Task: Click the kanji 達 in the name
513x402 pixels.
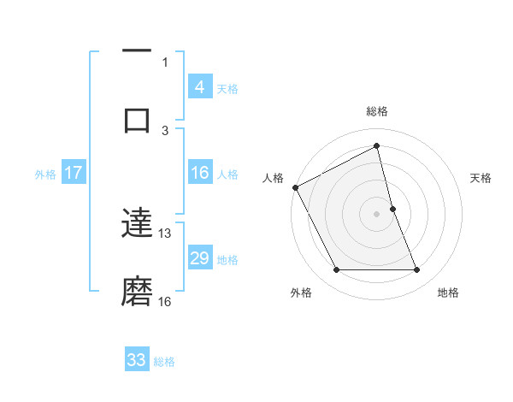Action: coord(137,225)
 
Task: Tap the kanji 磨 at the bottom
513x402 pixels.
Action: coord(137,291)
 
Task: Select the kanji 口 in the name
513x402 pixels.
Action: coord(137,120)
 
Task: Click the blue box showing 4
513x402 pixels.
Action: coord(199,86)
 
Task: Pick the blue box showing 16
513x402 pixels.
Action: coord(199,173)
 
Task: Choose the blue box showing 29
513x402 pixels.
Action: coord(199,258)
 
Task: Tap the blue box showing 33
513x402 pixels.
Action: coord(137,360)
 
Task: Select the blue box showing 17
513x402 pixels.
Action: coord(73,173)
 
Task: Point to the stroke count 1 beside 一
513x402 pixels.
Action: coord(165,62)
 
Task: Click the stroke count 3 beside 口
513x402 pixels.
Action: coord(165,130)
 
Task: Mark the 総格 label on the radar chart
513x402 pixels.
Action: coord(377,111)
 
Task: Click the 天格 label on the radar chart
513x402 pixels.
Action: coord(481,178)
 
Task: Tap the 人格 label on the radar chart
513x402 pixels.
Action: coord(273,178)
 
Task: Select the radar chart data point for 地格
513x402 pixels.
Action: coord(417,270)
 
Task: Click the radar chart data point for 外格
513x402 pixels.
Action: coord(336,270)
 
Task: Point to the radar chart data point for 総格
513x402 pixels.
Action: coord(377,146)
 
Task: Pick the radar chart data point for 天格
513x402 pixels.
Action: coord(392,209)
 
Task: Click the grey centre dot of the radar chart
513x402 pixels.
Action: coord(377,214)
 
